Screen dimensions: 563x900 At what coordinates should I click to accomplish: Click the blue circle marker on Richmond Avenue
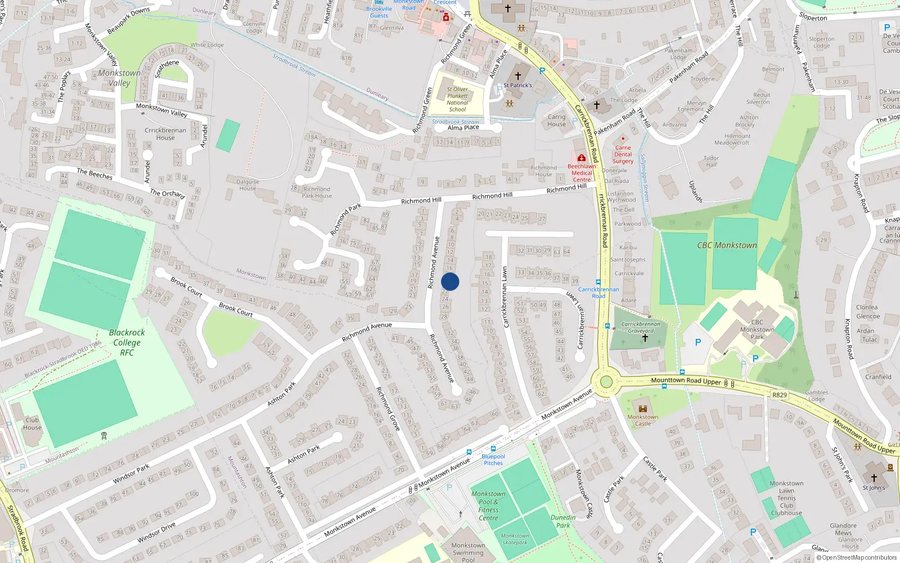[450, 281]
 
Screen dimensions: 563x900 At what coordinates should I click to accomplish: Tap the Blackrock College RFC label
[127, 342]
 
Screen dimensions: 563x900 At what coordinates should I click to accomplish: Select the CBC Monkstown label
[727, 245]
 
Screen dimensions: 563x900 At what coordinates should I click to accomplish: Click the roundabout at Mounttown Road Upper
[606, 382]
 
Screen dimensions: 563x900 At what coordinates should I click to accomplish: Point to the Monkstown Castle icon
[643, 409]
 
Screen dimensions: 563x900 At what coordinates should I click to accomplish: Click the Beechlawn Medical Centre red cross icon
[582, 158]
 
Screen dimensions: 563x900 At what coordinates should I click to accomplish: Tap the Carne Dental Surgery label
[623, 154]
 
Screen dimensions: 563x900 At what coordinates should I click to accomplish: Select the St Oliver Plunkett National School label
[457, 99]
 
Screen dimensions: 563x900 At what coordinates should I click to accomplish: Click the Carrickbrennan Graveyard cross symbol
[645, 338]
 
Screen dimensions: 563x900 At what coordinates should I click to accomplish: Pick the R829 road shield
[779, 395]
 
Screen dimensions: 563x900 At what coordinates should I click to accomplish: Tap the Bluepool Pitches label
[493, 459]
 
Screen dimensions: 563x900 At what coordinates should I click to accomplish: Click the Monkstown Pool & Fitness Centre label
[488, 506]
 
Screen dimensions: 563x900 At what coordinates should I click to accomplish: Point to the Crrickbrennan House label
[165, 133]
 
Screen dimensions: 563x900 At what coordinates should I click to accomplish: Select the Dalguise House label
[247, 185]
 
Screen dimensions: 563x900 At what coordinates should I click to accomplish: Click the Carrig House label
[556, 120]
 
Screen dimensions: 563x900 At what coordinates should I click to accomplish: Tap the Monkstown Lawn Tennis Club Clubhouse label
[786, 498]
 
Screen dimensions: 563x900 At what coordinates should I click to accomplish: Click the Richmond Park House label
[317, 193]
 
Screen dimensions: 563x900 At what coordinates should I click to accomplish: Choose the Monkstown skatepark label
[515, 539]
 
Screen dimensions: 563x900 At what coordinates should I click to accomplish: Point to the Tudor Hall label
[711, 162]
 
